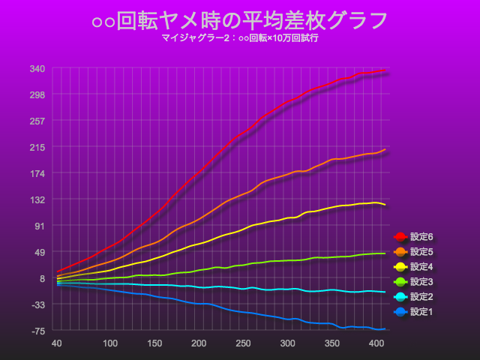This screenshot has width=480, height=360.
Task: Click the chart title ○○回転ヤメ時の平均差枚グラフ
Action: coord(240,20)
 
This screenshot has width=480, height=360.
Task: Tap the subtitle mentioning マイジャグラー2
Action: coord(240,37)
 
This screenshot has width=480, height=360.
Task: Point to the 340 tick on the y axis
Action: coord(37,68)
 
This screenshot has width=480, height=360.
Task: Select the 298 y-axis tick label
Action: coord(37,94)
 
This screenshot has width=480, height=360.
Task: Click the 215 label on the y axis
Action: coord(37,147)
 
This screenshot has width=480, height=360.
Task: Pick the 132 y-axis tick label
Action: coord(37,199)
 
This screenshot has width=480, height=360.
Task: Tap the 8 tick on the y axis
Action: coord(42,278)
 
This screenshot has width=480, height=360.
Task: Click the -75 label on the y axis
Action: coord(37,331)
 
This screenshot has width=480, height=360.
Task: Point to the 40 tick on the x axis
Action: coord(56,343)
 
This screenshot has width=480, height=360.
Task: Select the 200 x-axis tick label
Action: coord(199,343)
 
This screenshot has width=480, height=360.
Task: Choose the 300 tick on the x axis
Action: coord(287,343)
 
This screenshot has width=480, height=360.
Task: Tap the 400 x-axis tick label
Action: coord(376,343)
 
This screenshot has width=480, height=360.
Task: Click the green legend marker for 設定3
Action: coord(400,282)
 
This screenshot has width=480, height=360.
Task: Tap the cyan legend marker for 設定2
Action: coord(400,297)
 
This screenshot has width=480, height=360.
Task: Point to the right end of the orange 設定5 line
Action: coord(385,149)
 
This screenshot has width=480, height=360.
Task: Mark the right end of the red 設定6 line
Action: coord(385,70)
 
